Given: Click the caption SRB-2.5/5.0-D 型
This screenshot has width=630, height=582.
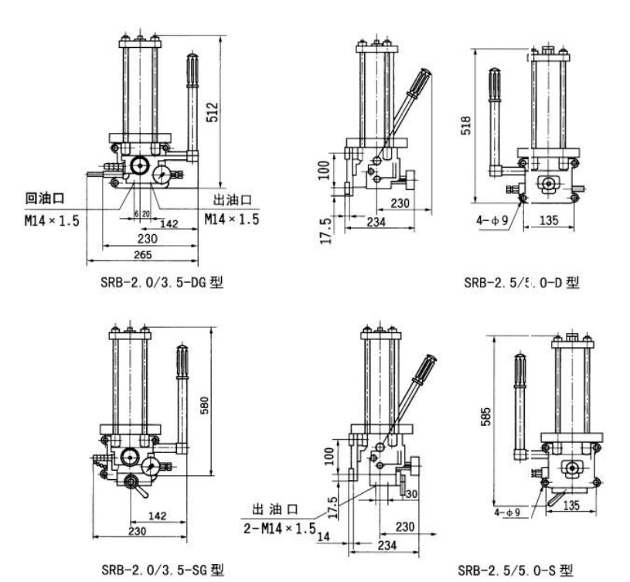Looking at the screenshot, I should click(522, 282).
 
